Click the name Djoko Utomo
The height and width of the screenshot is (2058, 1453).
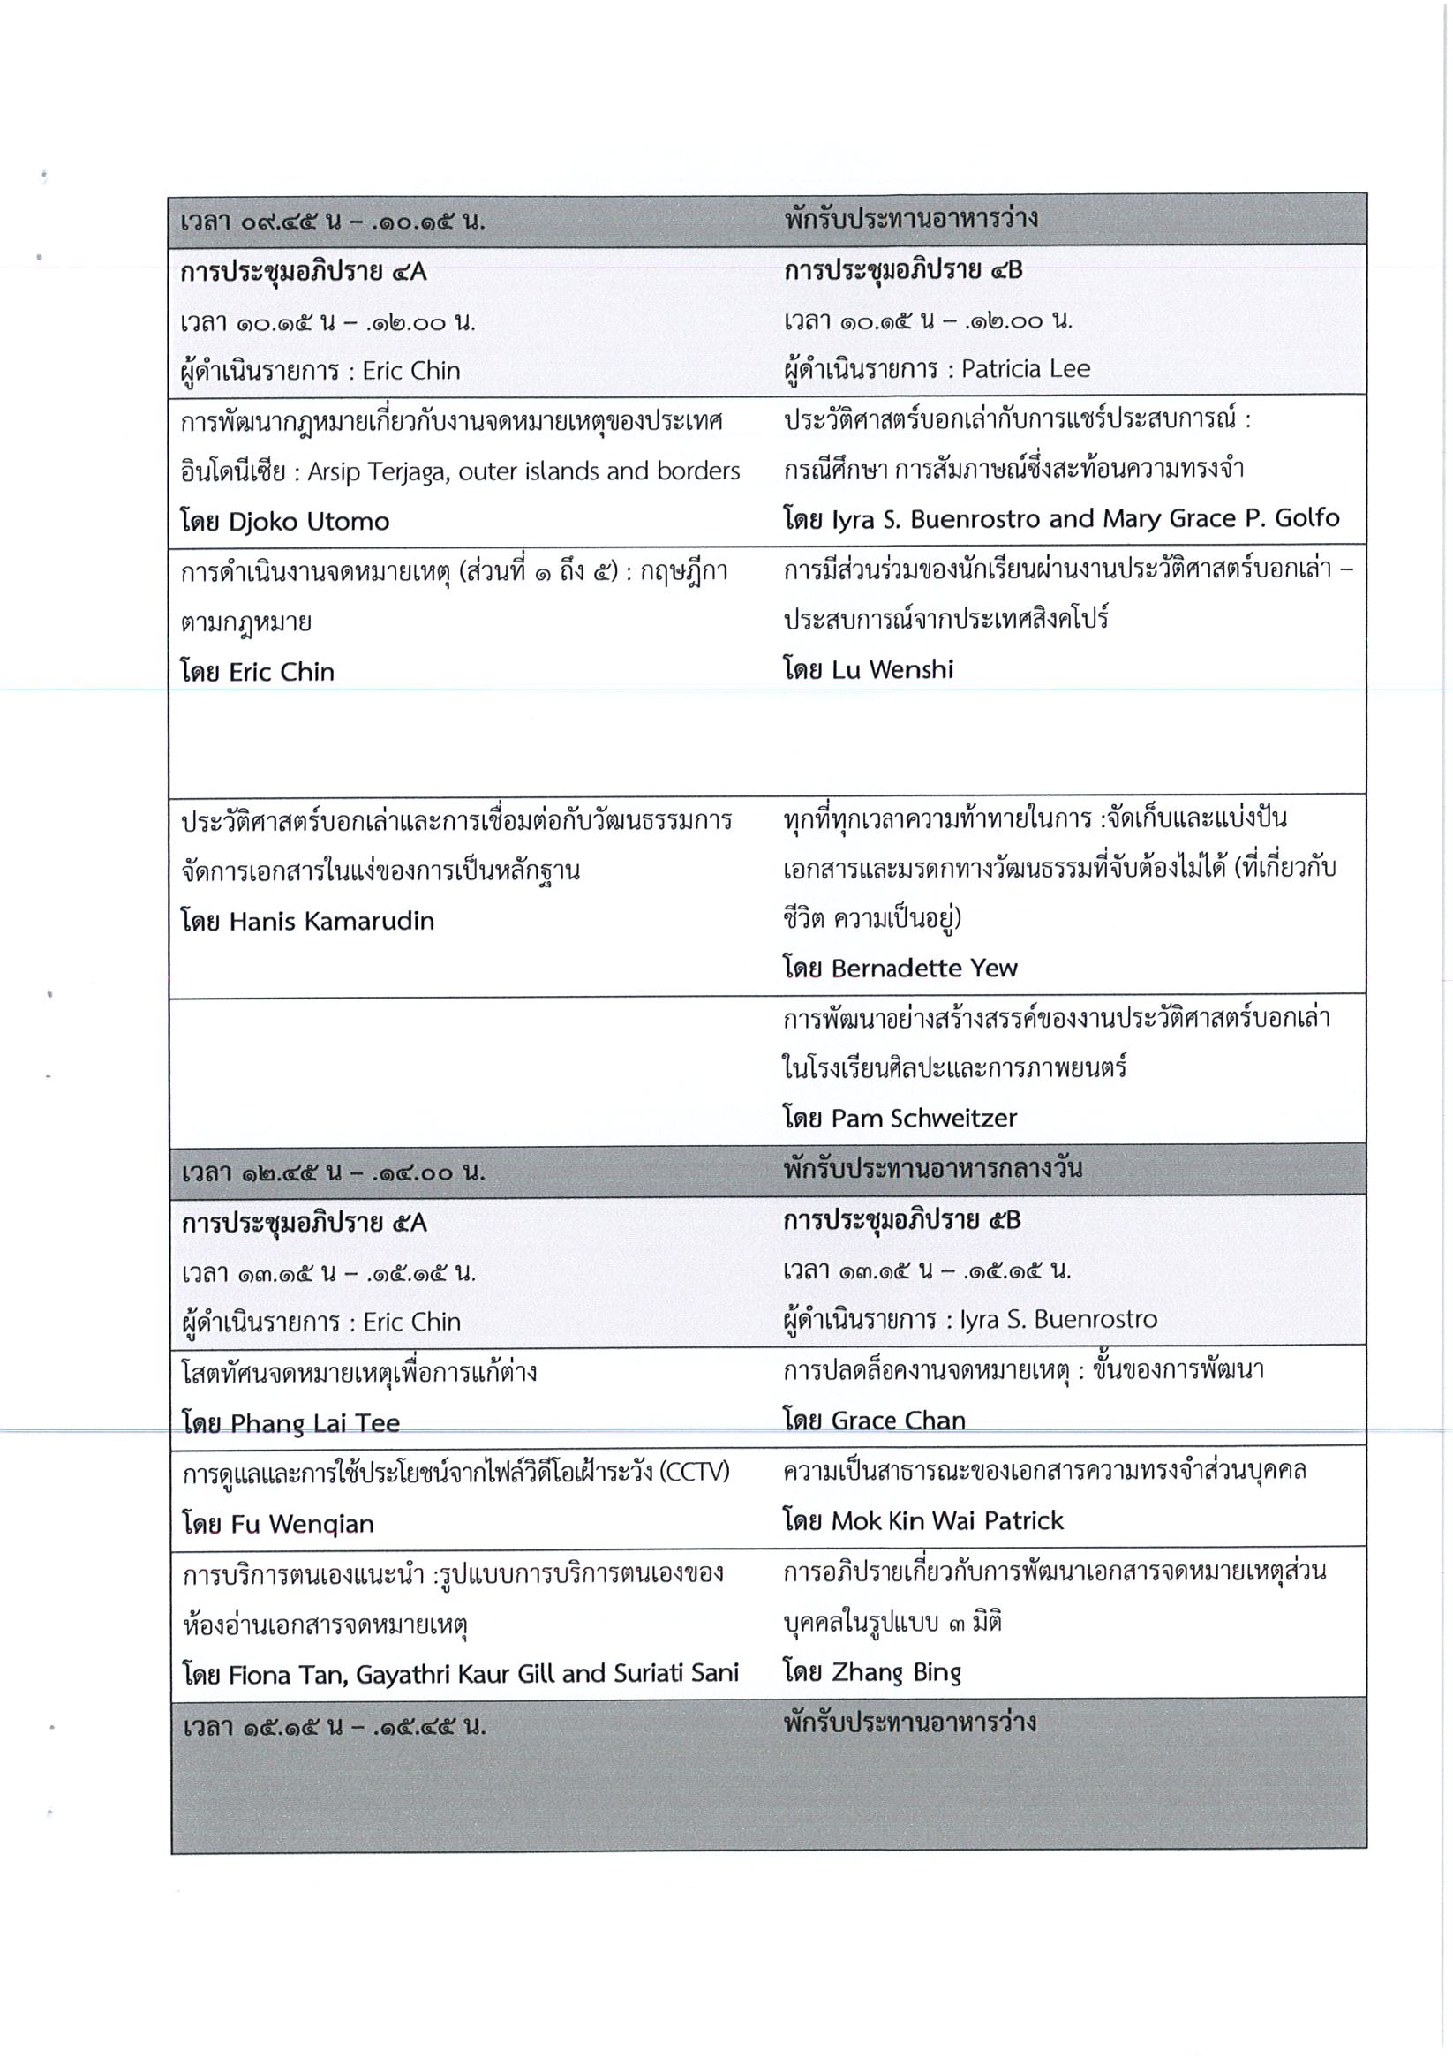[x=308, y=522]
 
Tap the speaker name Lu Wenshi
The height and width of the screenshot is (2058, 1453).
[x=892, y=669]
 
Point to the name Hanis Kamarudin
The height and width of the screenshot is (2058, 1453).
[x=332, y=921]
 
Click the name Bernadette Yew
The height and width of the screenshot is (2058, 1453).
[x=924, y=968]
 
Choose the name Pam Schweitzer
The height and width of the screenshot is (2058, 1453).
[x=924, y=1118]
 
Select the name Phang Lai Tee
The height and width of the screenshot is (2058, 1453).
[x=315, y=1423]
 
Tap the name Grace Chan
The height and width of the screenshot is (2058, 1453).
[x=898, y=1421]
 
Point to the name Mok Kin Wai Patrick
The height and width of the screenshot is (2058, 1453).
[x=947, y=1521]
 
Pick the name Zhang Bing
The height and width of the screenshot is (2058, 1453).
[x=896, y=1672]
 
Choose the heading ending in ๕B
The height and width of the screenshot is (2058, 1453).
[x=902, y=1221]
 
